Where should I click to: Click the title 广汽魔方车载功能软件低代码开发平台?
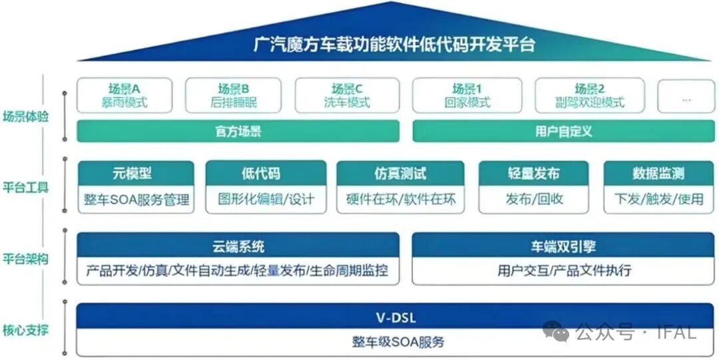click(x=395, y=45)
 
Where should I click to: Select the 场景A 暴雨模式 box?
click(x=124, y=95)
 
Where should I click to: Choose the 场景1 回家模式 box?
click(x=467, y=95)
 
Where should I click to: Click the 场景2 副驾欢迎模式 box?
click(x=590, y=95)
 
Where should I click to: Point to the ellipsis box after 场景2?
click(x=686, y=97)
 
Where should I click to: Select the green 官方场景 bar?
click(x=238, y=131)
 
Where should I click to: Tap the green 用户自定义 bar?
click(x=563, y=131)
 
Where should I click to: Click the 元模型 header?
click(x=136, y=174)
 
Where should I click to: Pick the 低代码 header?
click(x=266, y=174)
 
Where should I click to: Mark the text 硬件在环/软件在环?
click(x=401, y=199)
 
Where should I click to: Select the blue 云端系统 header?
click(x=238, y=246)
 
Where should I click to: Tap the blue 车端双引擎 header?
click(x=563, y=246)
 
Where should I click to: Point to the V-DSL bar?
click(x=395, y=316)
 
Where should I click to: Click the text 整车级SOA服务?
click(x=395, y=342)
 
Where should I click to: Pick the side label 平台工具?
click(x=25, y=187)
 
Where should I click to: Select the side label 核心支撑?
click(x=25, y=329)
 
